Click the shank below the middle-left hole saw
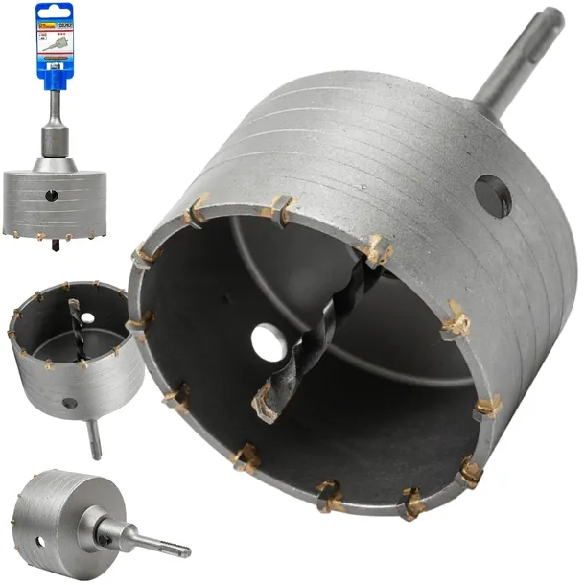(94, 440)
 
